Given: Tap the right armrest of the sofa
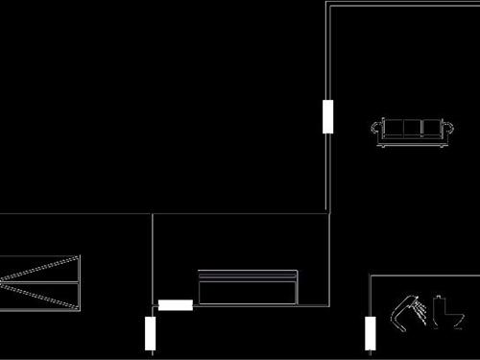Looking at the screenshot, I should (449, 128).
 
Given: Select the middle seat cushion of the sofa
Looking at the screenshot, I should (413, 128).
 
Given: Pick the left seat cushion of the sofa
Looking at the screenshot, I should (395, 128).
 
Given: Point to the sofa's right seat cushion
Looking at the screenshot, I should (431, 128).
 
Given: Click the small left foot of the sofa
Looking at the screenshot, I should (384, 147).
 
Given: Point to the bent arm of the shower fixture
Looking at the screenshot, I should (400, 311).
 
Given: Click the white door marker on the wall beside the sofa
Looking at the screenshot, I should (328, 115).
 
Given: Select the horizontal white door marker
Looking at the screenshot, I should (176, 305).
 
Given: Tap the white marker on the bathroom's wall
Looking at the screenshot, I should (370, 334).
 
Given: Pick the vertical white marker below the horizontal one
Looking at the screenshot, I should (151, 333).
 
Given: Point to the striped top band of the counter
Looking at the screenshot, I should (248, 276).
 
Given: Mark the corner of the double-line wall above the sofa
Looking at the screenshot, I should (329, 7).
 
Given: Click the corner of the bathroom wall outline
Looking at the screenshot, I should (371, 276).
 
